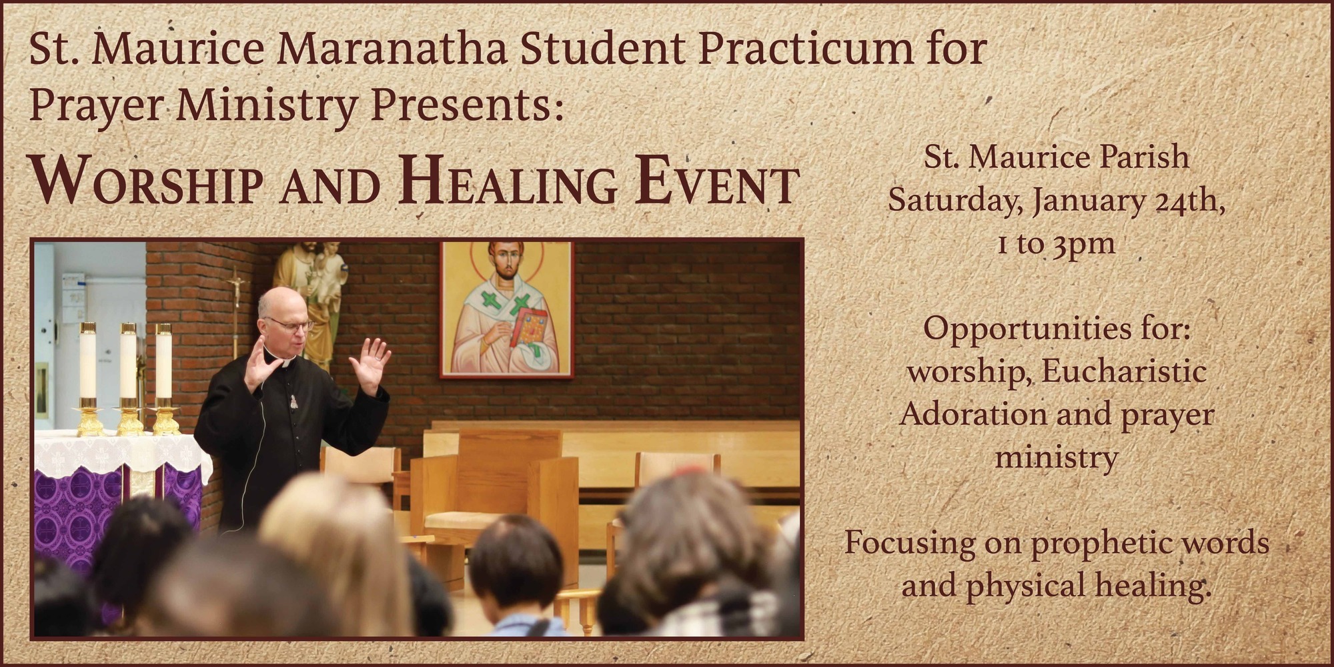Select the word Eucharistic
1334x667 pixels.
1123,372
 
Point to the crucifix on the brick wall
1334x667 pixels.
235,293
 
